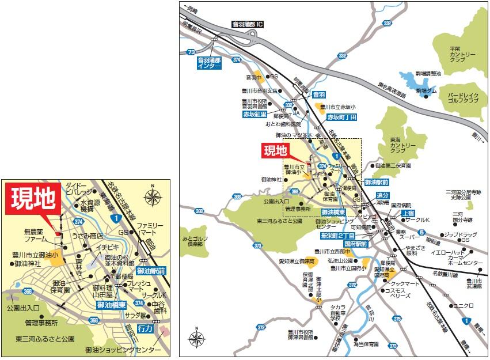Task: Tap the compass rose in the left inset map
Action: [153, 197]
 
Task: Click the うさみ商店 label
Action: [88, 236]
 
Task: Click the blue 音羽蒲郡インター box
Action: [210, 63]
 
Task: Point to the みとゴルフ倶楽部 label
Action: [194, 241]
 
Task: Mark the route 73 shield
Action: [191, 52]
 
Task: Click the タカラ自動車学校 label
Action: [338, 312]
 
